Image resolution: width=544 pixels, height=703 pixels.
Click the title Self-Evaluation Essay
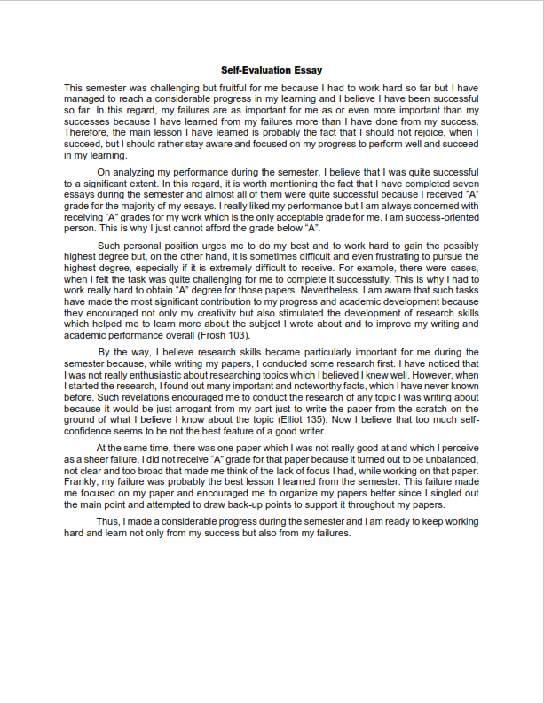tap(272, 70)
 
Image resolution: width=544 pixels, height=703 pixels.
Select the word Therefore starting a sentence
tap(88, 132)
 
